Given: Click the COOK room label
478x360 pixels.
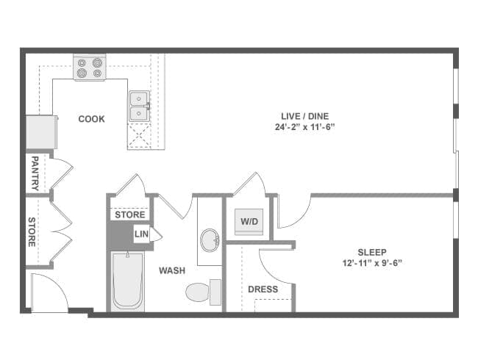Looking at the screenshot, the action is [91, 119].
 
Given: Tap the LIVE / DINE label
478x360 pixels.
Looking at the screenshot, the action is [305, 116].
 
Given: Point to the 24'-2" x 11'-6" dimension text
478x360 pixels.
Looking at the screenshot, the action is [305, 127].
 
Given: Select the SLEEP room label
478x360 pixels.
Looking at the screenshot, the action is [372, 252].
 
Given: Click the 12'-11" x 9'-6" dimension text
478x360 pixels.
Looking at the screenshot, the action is [372, 263].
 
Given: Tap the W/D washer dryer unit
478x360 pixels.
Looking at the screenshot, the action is [249, 222].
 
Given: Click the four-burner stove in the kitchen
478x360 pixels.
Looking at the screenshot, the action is [89, 68].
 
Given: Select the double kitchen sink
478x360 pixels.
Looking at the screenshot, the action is [139, 106].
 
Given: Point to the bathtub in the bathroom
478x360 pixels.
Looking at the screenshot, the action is [128, 281].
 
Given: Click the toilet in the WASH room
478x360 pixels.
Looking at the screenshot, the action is [203, 292].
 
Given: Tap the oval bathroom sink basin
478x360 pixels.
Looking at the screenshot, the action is [210, 240].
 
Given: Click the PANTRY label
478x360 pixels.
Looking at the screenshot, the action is [35, 173].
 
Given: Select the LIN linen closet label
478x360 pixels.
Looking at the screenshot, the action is [141, 234].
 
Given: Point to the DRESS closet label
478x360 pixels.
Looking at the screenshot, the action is [263, 289].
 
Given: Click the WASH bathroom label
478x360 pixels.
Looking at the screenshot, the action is [172, 270].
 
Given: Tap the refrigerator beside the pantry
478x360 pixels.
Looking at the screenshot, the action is [41, 132].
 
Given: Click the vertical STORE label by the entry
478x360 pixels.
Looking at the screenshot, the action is [32, 231].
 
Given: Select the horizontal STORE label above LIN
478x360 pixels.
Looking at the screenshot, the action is [130, 215].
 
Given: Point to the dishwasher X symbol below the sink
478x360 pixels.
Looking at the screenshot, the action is [139, 135].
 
